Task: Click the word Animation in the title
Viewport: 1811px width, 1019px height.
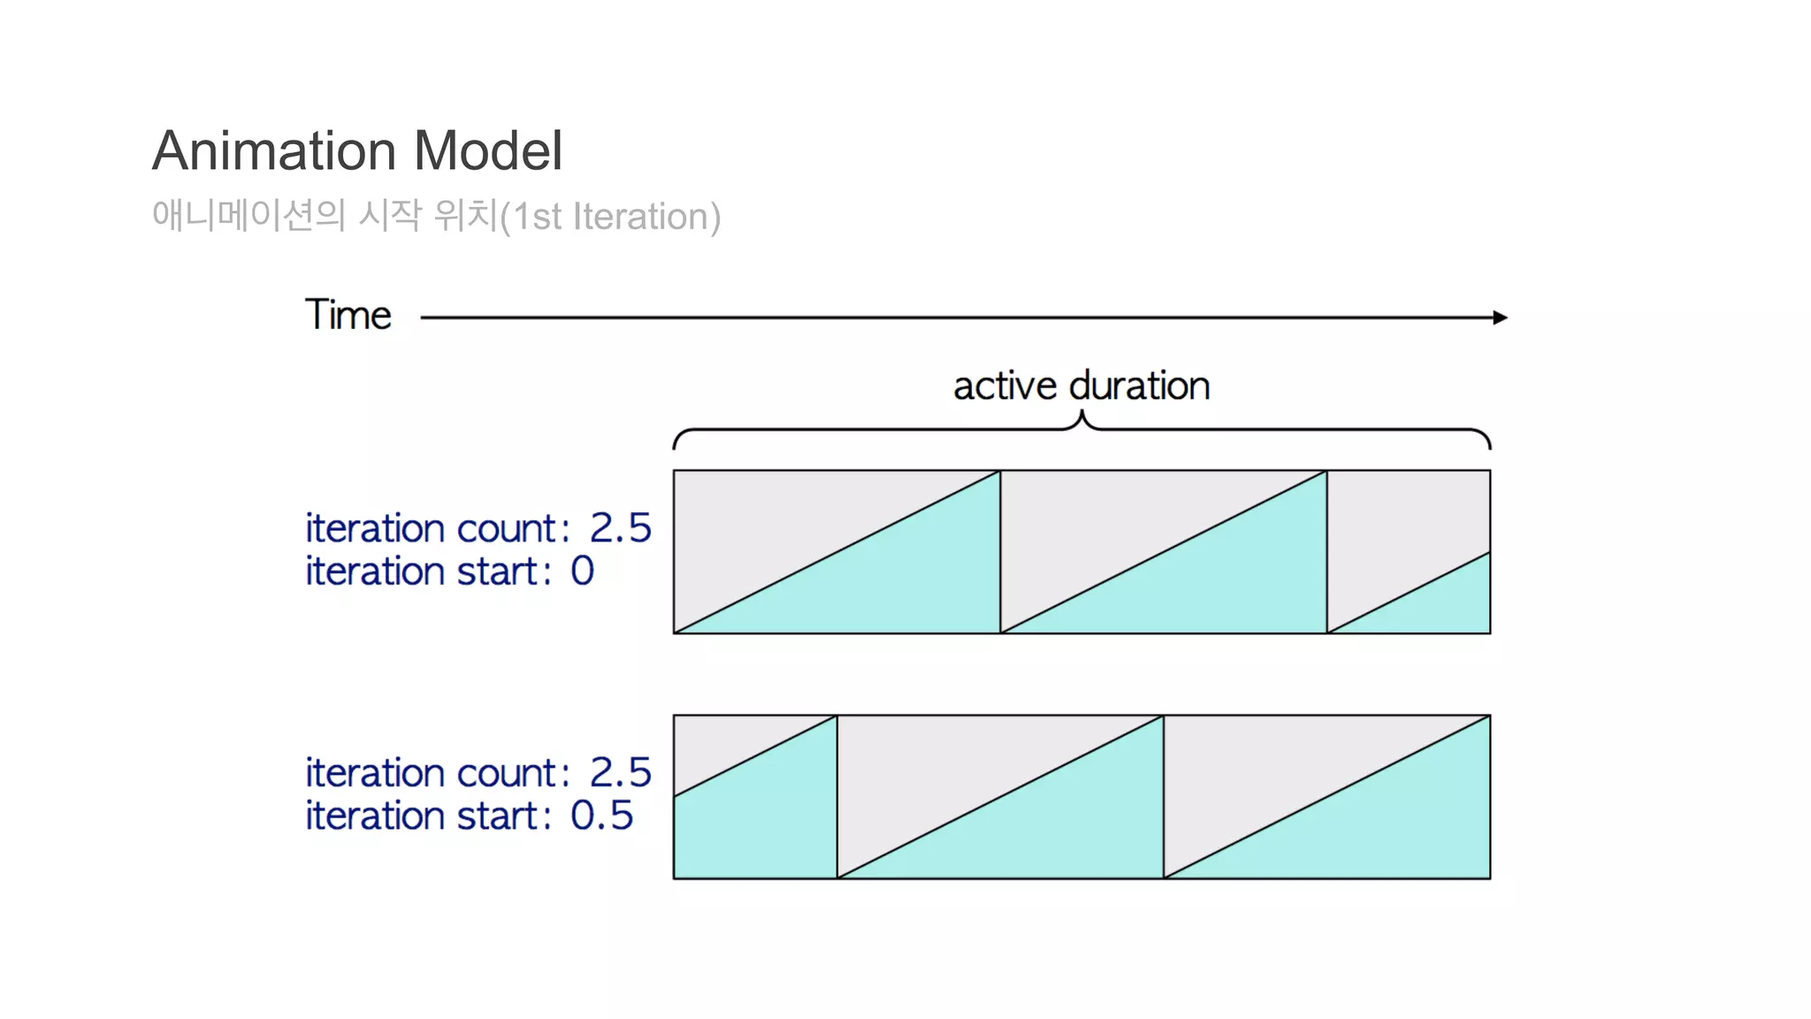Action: (276, 150)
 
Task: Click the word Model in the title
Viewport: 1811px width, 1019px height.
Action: (487, 150)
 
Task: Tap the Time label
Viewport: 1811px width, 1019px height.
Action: (348, 315)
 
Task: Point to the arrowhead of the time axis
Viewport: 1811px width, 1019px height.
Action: (1500, 318)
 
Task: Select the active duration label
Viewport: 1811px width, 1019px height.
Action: (1081, 386)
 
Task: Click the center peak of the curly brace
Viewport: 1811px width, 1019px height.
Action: (1081, 417)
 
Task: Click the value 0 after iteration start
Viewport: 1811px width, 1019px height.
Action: (582, 571)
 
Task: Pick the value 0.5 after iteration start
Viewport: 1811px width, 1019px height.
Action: (601, 816)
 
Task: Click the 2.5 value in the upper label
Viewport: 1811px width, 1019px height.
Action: (620, 528)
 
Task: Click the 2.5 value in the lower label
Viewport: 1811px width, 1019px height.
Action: (620, 773)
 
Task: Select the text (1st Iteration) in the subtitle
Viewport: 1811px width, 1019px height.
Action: (610, 217)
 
